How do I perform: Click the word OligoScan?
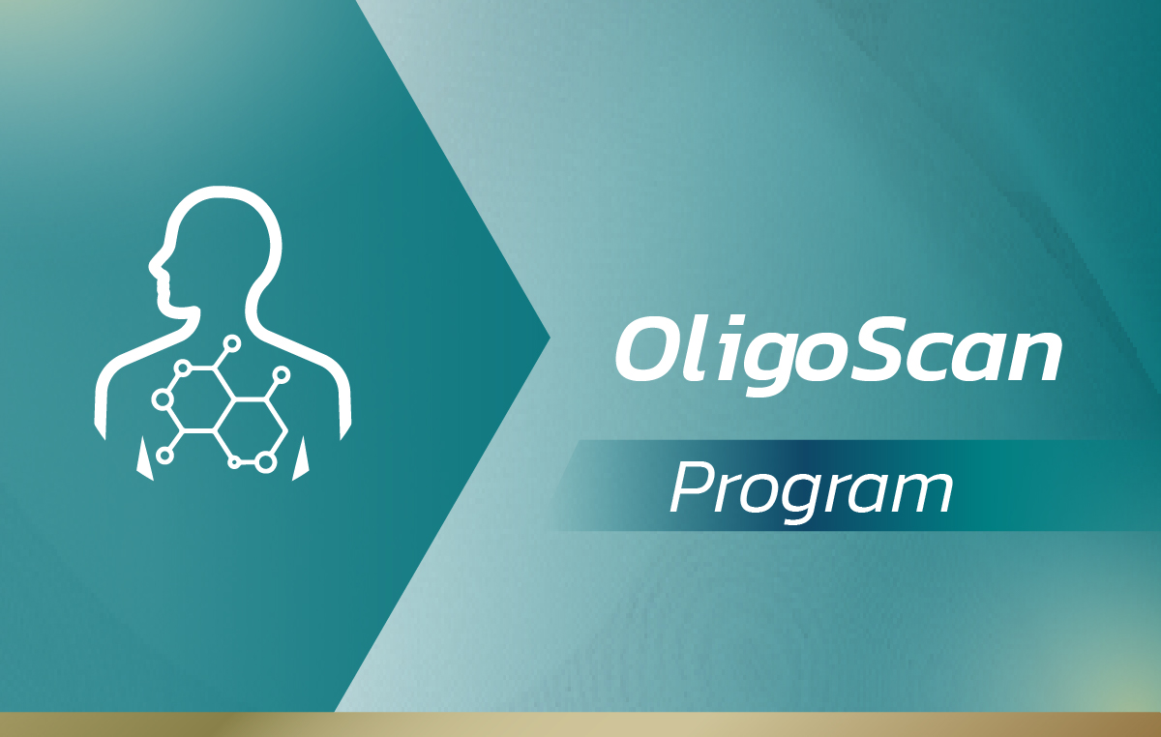click(838, 355)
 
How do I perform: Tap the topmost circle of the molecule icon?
click(231, 343)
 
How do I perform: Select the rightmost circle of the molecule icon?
click(281, 374)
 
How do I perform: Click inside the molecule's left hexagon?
click(198, 399)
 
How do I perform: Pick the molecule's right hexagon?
click(251, 429)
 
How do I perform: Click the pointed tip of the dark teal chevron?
click(550, 338)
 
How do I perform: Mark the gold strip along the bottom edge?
click(580, 724)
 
